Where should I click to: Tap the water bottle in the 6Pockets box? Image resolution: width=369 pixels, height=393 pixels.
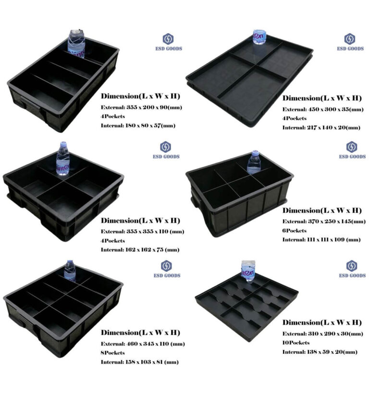254,164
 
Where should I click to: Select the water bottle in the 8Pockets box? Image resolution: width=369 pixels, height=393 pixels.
70,271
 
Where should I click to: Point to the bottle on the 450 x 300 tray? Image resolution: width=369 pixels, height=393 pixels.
259,37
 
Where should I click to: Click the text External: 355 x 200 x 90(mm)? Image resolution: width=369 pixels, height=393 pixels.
141,107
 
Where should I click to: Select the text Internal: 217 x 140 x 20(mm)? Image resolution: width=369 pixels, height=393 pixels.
321,128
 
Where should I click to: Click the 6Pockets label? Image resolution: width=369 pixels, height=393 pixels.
295,230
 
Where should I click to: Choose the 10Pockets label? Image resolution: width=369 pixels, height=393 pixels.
296,343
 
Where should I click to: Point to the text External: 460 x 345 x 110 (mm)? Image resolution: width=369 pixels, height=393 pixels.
143,344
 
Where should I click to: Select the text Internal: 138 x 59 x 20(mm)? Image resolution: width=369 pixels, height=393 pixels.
320,352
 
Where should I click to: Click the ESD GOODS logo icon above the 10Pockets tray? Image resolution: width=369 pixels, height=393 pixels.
351,265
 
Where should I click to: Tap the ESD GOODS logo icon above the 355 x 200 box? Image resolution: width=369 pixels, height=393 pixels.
168,39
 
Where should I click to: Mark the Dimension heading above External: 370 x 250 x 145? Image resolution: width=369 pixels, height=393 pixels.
321,211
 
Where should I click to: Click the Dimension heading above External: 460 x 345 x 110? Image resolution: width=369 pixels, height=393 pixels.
140,333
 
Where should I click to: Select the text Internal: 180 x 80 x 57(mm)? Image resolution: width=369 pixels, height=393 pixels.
138,126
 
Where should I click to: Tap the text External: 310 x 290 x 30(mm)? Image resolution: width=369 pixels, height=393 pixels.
322,333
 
